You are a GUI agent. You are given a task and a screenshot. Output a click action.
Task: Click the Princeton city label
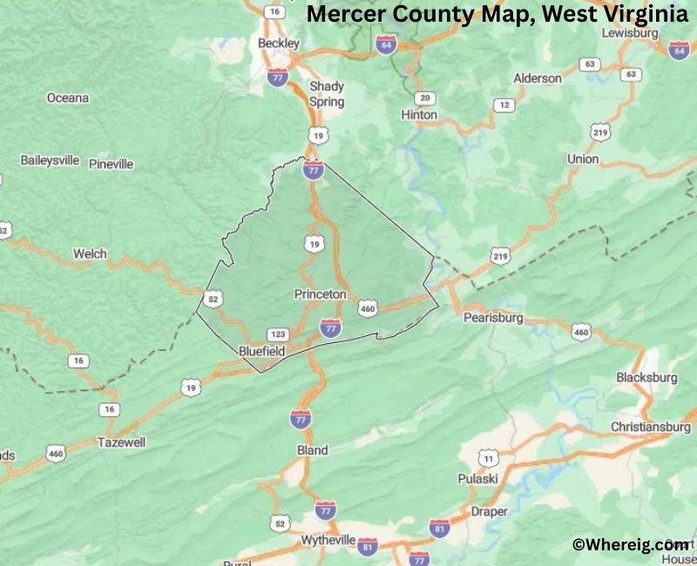(x=320, y=294)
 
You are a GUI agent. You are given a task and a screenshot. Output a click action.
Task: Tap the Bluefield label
(x=261, y=351)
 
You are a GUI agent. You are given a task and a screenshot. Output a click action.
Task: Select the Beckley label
(x=279, y=43)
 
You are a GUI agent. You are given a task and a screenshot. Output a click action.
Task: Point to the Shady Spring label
(x=327, y=94)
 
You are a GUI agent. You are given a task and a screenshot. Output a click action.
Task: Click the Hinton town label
(x=419, y=114)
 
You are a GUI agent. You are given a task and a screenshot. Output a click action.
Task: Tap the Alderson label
(x=538, y=77)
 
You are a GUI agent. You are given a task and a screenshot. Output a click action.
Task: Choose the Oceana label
(x=68, y=98)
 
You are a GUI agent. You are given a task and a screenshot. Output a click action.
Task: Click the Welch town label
(x=90, y=253)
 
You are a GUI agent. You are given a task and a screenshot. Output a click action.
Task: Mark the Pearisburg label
(x=493, y=318)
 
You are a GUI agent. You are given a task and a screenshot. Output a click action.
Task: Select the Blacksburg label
(x=646, y=377)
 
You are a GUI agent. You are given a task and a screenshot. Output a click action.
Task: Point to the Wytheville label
(x=329, y=540)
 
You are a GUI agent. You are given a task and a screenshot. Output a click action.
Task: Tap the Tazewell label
(x=121, y=441)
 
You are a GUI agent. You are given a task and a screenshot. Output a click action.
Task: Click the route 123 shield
(x=279, y=334)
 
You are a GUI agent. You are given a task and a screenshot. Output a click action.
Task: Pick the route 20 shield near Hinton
(x=425, y=98)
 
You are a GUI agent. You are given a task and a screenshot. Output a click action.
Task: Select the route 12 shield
(x=504, y=105)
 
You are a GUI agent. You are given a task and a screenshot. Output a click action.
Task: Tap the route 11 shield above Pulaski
(x=488, y=458)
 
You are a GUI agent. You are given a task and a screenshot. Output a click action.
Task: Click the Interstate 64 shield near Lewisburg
(x=679, y=51)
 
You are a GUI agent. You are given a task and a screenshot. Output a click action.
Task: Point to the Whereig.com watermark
(x=630, y=544)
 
